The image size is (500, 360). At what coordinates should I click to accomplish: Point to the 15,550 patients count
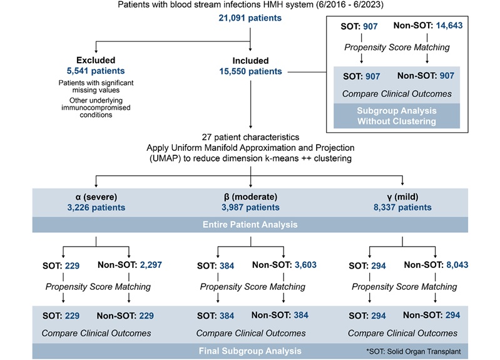click(250, 71)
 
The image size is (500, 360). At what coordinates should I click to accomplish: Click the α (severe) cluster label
click(96, 196)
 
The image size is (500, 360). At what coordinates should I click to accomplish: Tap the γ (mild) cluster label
click(402, 196)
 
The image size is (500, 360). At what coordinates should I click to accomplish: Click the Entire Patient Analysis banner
click(250, 224)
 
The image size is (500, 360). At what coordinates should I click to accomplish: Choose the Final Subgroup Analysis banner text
click(250, 351)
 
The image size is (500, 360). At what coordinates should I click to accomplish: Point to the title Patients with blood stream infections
click(250, 6)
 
